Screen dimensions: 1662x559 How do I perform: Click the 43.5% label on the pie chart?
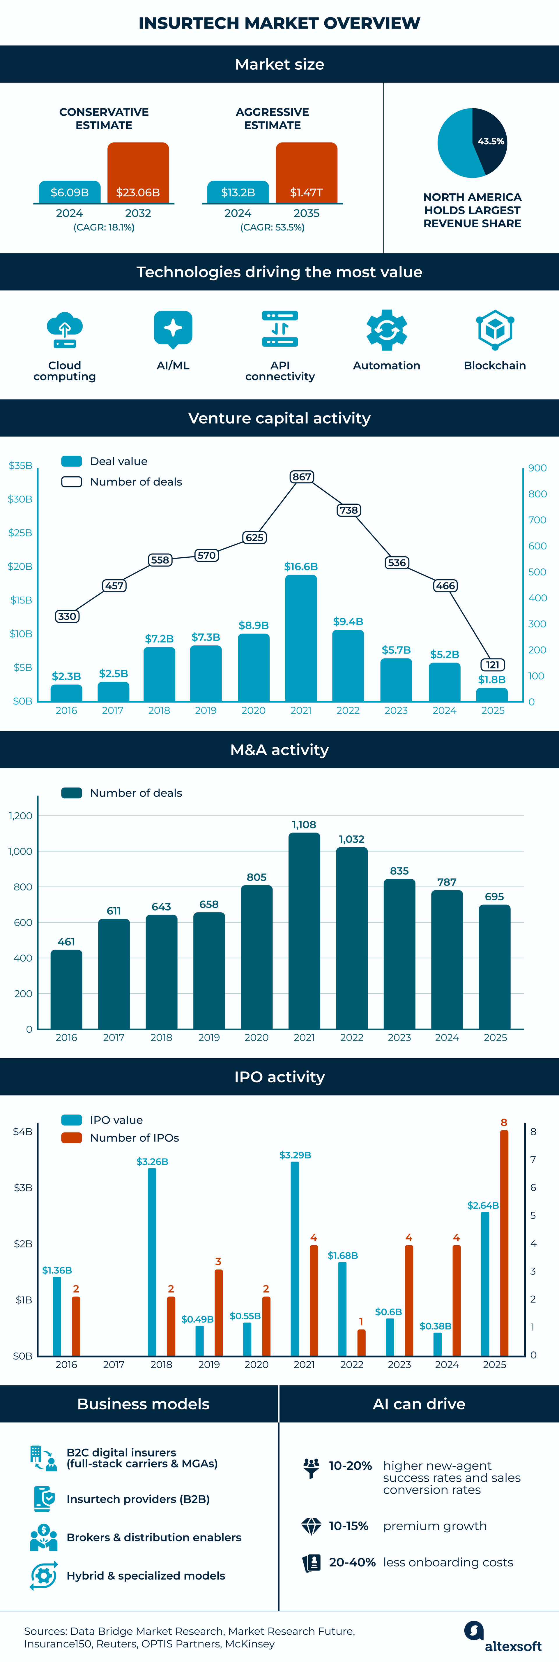click(x=491, y=141)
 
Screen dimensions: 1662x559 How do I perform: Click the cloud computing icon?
click(x=64, y=330)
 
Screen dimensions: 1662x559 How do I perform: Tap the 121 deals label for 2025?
click(x=493, y=665)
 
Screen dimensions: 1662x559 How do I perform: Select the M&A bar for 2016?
click(x=66, y=989)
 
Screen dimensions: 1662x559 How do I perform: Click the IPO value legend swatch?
click(x=72, y=1120)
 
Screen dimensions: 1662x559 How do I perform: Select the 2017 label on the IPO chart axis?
click(x=114, y=1365)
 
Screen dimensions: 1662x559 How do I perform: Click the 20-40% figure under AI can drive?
click(x=352, y=1562)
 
